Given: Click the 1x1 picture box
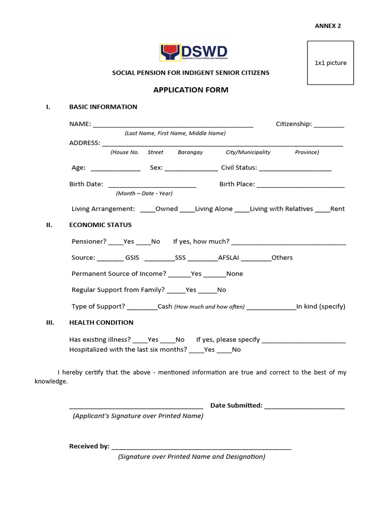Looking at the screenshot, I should click(x=330, y=63).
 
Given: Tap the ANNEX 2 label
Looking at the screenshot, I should click(x=328, y=26).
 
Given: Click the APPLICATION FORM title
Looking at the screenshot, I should click(x=191, y=90).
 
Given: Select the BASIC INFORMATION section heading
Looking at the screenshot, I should click(x=103, y=107).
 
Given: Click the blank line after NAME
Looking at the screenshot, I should click(x=173, y=125).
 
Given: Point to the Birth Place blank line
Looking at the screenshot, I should click(x=300, y=185).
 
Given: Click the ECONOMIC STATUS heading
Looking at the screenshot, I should click(x=100, y=225).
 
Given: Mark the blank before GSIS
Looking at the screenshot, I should click(x=110, y=259).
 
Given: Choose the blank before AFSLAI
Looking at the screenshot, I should click(x=203, y=259).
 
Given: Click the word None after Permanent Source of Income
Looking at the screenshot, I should click(x=235, y=273).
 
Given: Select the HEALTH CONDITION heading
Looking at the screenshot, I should click(x=101, y=322).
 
